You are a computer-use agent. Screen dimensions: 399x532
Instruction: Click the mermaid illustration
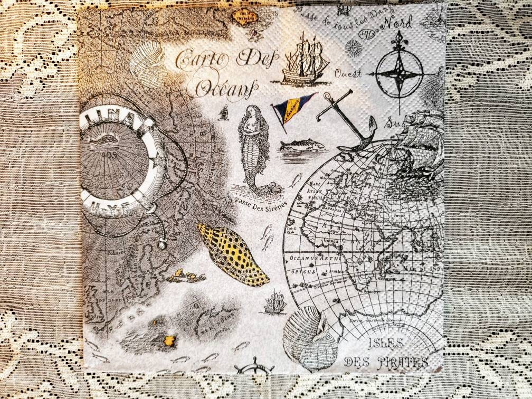click(x=252, y=148)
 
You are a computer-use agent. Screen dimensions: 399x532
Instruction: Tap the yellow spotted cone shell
click(x=232, y=254)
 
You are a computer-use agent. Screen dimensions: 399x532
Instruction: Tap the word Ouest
click(x=348, y=74)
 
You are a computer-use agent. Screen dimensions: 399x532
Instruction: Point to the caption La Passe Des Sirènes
click(x=255, y=203)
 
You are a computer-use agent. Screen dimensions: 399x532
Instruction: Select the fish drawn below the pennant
click(x=301, y=144)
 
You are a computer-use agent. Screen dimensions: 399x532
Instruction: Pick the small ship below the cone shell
click(x=275, y=303)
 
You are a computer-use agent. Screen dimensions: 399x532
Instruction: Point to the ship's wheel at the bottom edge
click(x=254, y=367)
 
